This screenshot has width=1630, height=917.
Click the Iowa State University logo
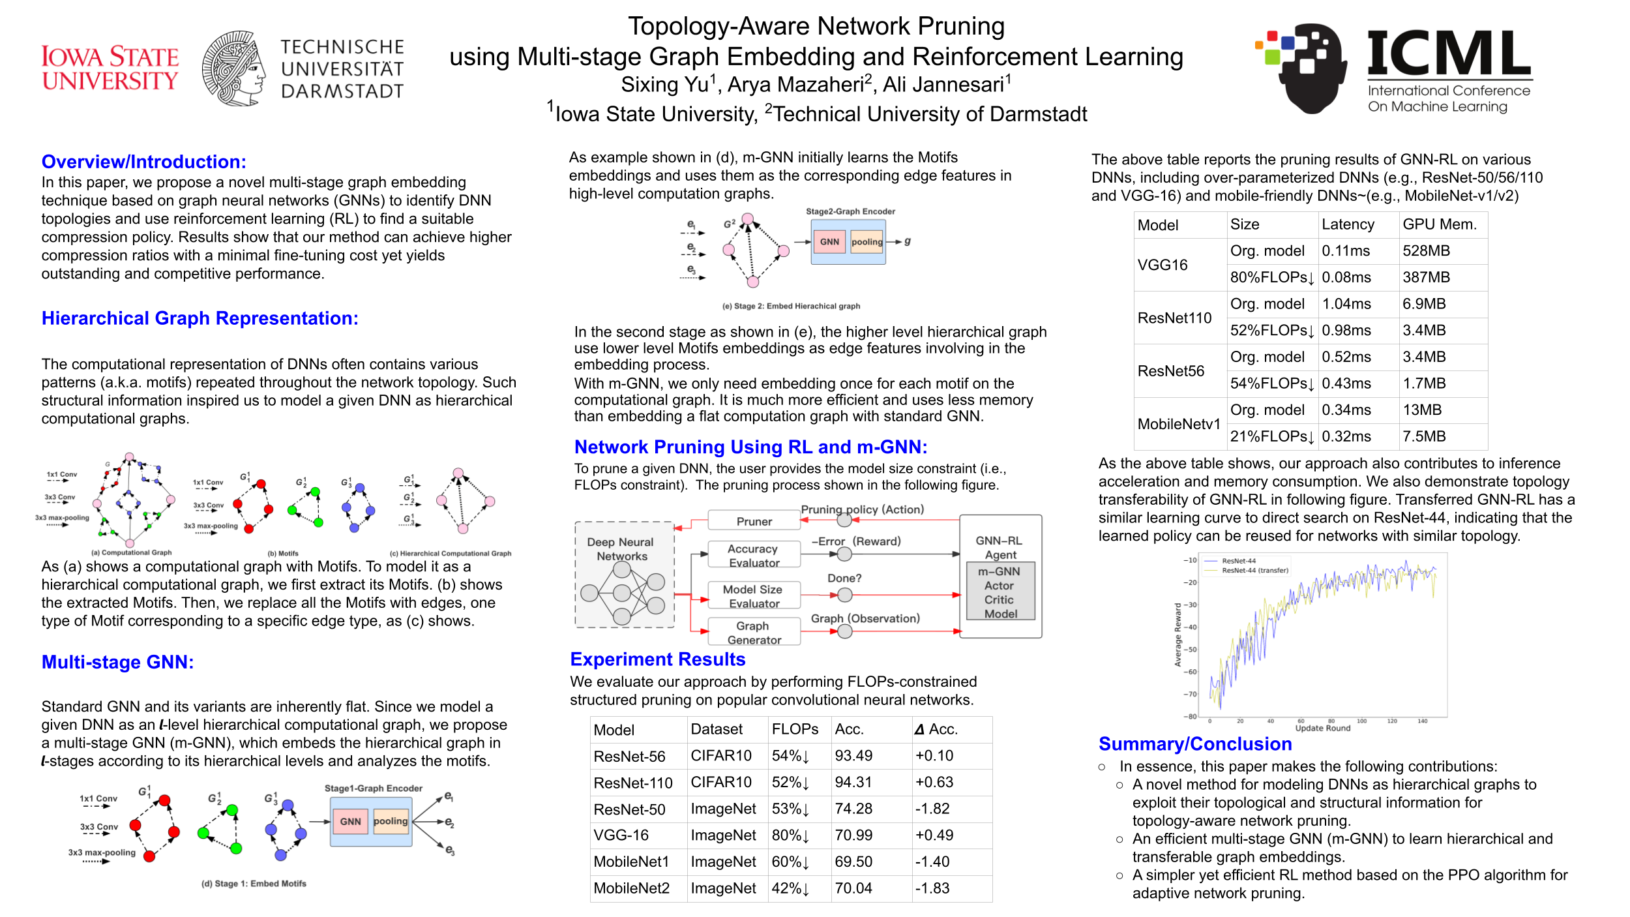(110, 68)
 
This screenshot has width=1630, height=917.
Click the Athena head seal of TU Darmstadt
(233, 68)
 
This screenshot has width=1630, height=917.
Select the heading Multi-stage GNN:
(117, 662)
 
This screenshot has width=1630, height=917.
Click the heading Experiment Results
(657, 659)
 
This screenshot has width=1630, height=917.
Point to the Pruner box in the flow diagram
(754, 521)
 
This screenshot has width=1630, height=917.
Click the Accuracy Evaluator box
(754, 556)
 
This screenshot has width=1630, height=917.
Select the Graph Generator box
(754, 633)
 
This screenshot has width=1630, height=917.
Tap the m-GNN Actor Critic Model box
(1000, 592)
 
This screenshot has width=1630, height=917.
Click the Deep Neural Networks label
(620, 549)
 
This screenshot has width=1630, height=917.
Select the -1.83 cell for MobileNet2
(932, 888)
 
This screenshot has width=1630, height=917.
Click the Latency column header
(1348, 224)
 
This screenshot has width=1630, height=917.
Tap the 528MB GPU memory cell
(1426, 251)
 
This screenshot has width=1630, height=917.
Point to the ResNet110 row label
(1174, 318)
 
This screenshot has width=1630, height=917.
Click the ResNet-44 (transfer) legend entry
(1254, 571)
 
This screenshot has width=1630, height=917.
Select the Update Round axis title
(1322, 729)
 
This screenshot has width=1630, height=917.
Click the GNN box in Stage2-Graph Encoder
(829, 242)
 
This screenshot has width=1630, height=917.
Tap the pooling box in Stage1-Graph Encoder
(391, 822)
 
